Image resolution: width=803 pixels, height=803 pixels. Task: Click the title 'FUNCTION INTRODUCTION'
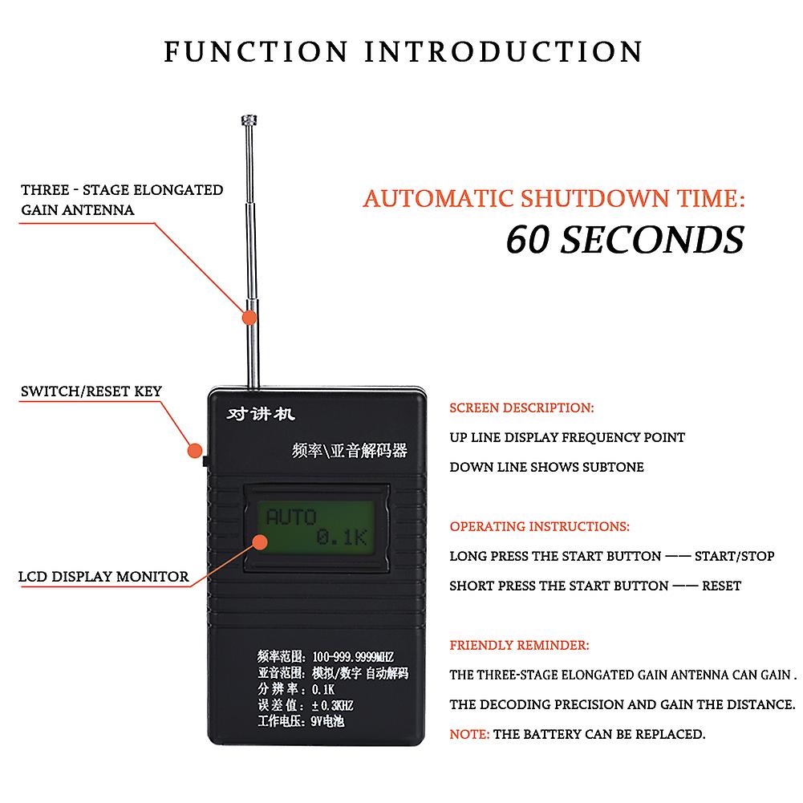pos(404,51)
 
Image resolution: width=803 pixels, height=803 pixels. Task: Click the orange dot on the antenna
pos(250,317)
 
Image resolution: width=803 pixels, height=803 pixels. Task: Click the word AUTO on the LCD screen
pos(291,517)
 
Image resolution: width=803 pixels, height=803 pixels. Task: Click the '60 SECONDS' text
pos(624,238)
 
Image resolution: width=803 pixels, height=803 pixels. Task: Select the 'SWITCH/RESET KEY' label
pos(91,391)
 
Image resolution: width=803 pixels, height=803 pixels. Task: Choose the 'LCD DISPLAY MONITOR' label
pos(104,576)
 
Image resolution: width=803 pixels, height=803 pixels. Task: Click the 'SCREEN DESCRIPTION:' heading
pos(521,408)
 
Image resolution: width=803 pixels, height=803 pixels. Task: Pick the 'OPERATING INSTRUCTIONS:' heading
pos(539,527)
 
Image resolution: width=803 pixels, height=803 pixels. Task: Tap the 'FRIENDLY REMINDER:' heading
pos(519,645)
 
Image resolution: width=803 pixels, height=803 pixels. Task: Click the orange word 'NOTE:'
pos(469,734)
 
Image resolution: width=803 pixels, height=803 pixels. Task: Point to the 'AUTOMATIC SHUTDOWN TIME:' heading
pos(554,198)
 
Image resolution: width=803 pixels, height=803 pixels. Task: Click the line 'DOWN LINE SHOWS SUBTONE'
pos(546,467)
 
